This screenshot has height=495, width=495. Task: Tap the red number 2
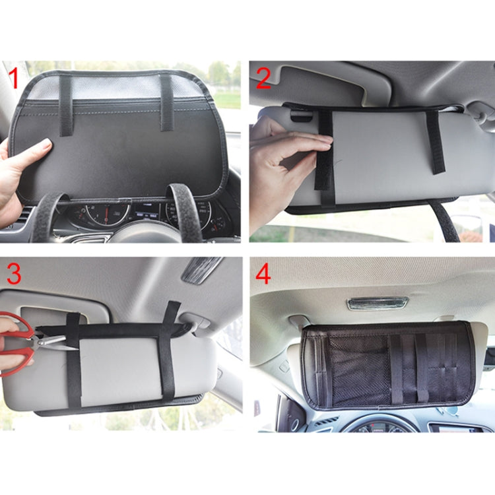tap(263, 78)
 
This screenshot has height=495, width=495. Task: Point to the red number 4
tap(263, 273)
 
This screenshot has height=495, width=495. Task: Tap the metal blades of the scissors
tap(56, 341)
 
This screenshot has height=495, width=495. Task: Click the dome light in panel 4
tap(378, 303)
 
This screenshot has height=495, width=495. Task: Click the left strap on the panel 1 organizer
tap(65, 106)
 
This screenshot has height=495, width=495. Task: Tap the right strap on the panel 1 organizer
tap(166, 102)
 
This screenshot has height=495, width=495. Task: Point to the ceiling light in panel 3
tap(202, 269)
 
